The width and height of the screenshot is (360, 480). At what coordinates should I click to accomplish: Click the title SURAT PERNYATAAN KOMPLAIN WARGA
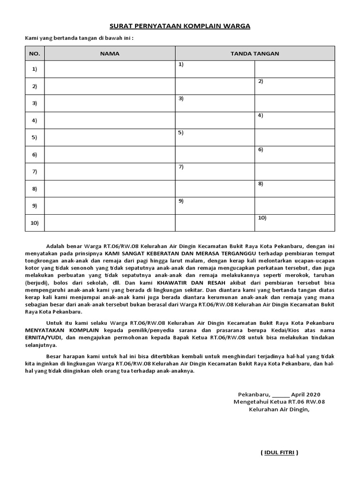(x=180, y=26)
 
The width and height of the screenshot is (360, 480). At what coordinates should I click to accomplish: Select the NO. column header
(x=35, y=53)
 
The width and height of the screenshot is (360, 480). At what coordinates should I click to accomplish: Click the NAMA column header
(x=110, y=53)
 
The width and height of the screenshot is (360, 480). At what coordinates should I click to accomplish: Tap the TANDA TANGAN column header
(x=255, y=53)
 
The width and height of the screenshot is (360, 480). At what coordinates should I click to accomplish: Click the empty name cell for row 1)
(x=110, y=69)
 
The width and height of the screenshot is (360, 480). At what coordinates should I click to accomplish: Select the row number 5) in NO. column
(x=34, y=137)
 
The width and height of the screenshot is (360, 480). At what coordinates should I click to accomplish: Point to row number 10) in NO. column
(x=35, y=223)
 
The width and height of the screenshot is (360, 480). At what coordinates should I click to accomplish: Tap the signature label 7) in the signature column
(x=180, y=166)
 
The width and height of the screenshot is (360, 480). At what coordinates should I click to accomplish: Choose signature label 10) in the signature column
(x=262, y=218)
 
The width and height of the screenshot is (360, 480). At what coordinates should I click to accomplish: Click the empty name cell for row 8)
(x=110, y=189)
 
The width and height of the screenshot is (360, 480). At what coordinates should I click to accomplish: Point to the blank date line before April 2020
(x=280, y=395)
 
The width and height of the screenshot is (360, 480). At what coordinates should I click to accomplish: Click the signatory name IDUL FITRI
(x=279, y=452)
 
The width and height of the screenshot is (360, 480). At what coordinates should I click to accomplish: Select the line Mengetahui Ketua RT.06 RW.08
(x=279, y=402)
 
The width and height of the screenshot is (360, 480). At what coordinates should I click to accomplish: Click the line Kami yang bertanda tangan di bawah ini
(x=79, y=38)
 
